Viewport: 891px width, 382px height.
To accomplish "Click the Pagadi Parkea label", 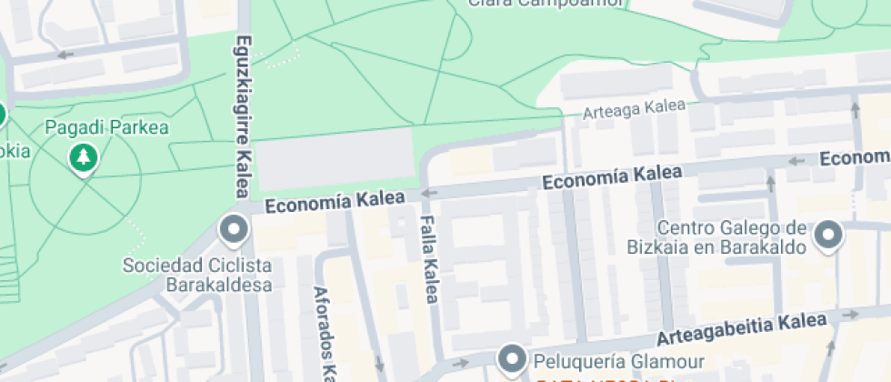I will [x=106, y=127].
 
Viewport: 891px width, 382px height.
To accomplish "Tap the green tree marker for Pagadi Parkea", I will [x=84, y=158].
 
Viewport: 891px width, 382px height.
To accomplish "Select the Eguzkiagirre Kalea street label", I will [x=243, y=116].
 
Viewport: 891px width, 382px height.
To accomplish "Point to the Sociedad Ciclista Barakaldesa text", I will [x=197, y=275].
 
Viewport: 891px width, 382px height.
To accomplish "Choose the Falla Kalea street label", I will [x=430, y=259].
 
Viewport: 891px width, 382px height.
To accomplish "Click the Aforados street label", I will [x=321, y=332].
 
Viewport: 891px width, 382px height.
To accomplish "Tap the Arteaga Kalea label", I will [x=634, y=109].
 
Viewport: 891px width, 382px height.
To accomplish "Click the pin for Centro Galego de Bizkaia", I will [x=828, y=235].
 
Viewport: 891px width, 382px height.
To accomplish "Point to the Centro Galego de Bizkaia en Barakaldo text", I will [x=717, y=236].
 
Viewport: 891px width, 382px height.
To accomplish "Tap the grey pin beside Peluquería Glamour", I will [x=513, y=357].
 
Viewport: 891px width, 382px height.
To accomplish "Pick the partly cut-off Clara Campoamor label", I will [x=546, y=4].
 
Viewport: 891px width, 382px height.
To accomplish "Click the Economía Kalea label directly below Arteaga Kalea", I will [x=612, y=176].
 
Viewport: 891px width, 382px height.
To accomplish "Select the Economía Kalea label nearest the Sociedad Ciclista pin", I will [x=335, y=202].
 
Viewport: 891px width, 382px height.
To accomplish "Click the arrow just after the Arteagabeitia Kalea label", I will [x=852, y=316].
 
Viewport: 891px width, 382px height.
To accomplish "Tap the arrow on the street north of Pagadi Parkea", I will [x=65, y=55].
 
